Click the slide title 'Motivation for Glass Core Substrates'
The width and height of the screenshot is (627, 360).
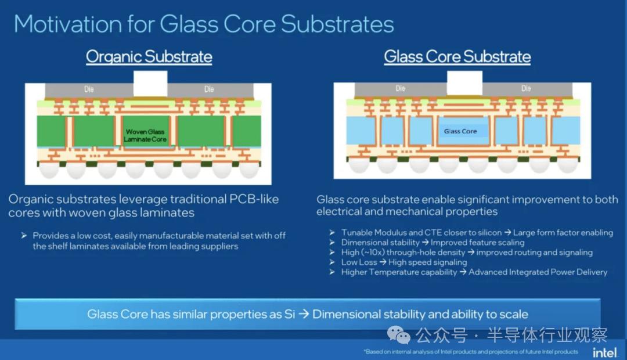click(x=204, y=24)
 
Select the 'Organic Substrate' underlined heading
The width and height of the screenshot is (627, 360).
click(x=149, y=57)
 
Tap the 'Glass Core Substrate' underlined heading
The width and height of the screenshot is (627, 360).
click(x=457, y=57)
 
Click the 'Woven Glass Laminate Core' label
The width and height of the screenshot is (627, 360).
click(x=145, y=135)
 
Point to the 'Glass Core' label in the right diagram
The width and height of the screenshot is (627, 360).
click(x=460, y=131)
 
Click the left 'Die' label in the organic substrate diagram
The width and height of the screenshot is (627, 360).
click(x=89, y=89)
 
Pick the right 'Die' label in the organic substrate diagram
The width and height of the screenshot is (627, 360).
click(x=209, y=89)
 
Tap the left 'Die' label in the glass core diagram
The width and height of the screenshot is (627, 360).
click(x=400, y=88)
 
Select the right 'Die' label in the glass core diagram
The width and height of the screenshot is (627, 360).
click(x=526, y=88)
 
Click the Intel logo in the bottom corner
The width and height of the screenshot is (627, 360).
click(x=604, y=352)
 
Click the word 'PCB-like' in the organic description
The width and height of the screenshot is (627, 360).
click(x=254, y=199)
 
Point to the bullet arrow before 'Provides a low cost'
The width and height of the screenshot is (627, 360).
click(x=24, y=236)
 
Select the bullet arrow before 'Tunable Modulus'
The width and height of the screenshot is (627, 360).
click(x=332, y=232)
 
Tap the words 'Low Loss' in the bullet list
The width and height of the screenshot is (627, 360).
click(x=359, y=262)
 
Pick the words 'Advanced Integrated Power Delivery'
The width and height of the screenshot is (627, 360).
click(x=538, y=272)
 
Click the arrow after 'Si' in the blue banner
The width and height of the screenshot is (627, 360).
click(x=304, y=314)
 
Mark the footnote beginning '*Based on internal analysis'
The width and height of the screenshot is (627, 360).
click(x=471, y=352)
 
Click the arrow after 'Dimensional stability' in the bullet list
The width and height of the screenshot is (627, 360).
click(x=425, y=242)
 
